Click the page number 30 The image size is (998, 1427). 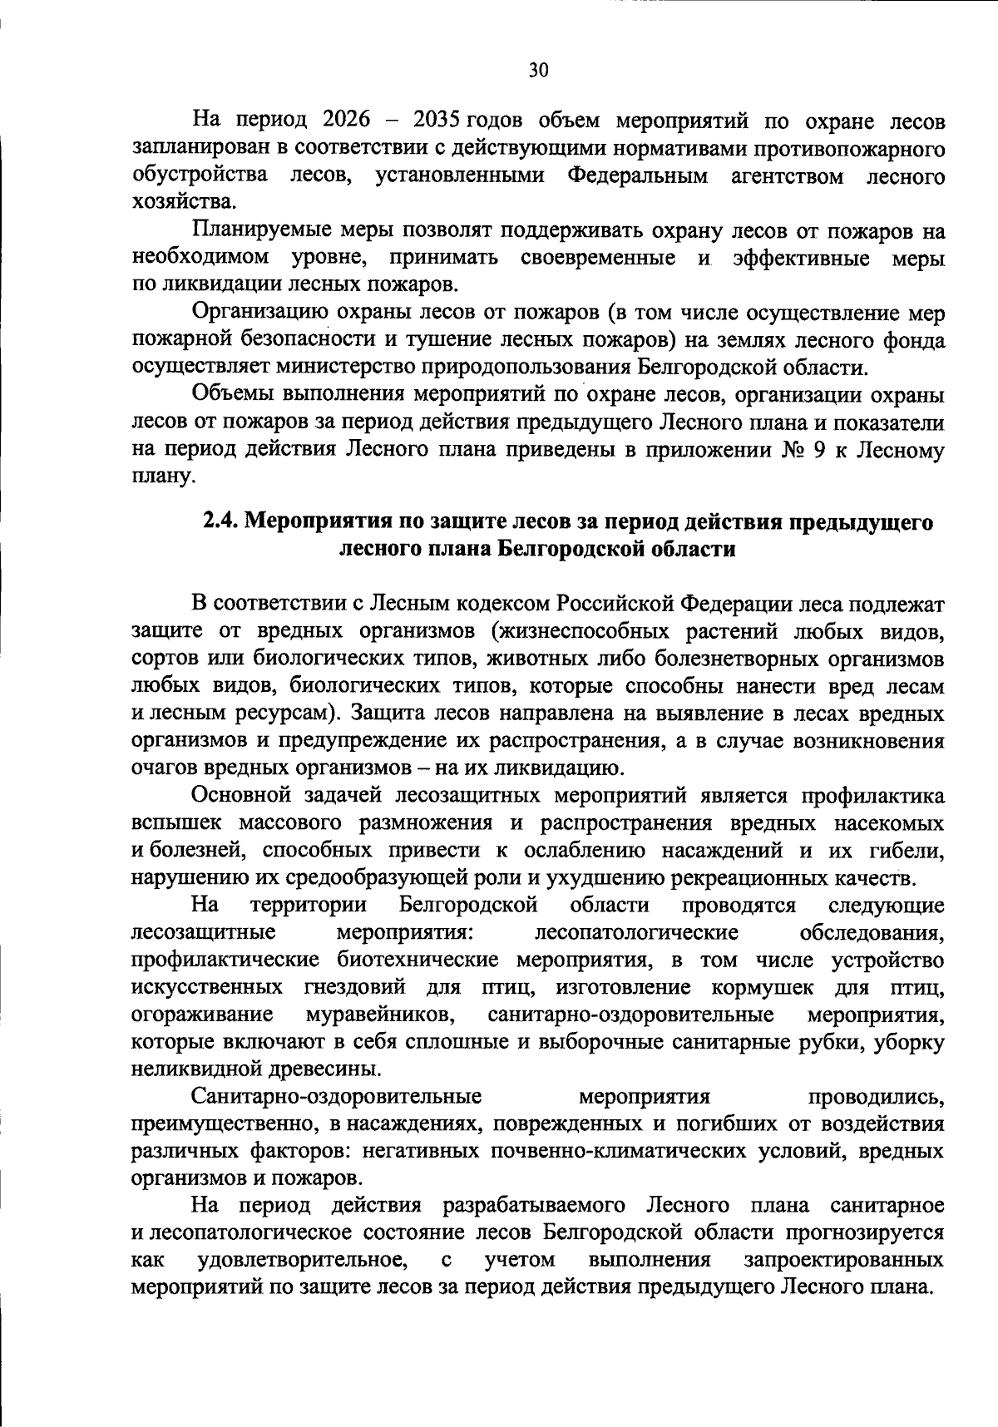(539, 70)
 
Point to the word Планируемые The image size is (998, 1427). (261, 230)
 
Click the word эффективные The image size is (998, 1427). (802, 258)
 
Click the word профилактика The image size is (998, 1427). (872, 796)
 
